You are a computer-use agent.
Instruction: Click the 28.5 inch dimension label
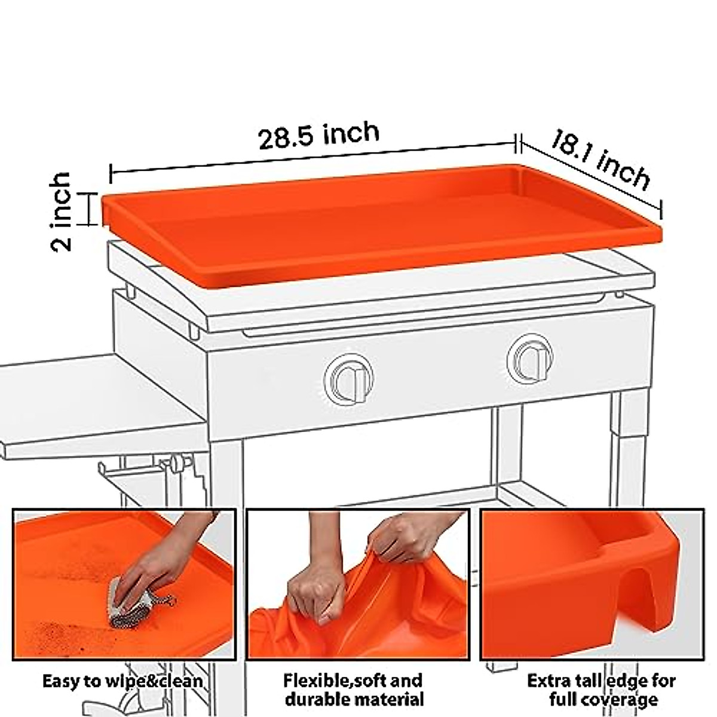coord(318,136)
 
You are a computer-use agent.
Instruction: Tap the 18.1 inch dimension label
coord(599,160)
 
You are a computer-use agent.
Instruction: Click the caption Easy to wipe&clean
coord(122,682)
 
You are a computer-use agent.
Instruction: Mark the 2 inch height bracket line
coord(90,209)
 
